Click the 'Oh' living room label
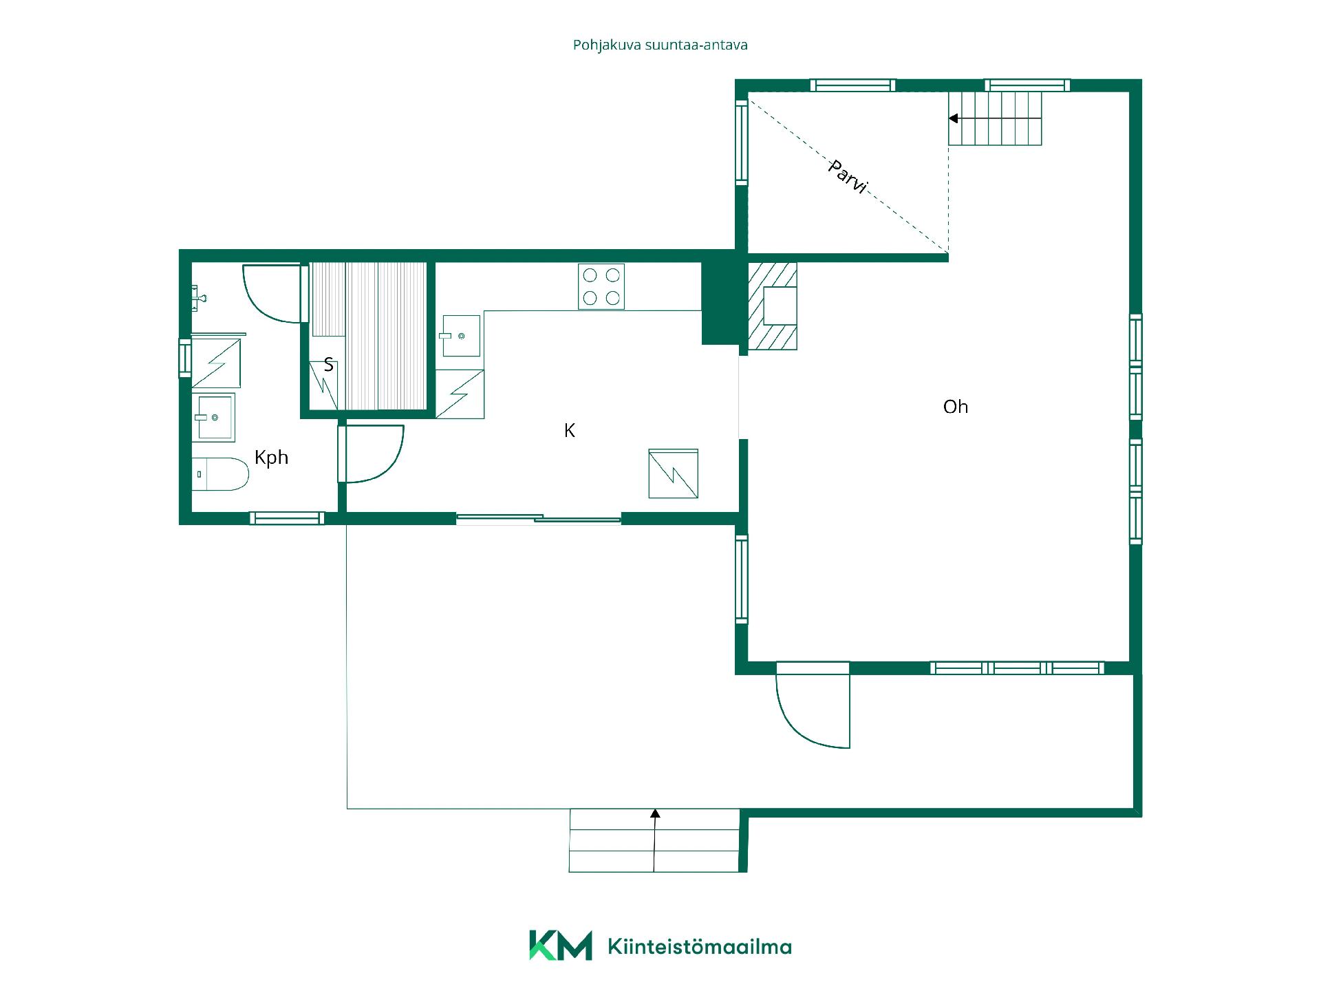955,407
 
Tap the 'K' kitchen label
569,431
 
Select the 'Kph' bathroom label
271,458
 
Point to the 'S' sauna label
328,365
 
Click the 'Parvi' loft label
848,176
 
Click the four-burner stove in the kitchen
601,286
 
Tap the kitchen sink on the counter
460,336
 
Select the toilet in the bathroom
219,474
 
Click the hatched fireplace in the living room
772,306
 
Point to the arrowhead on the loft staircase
954,118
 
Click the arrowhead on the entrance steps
655,813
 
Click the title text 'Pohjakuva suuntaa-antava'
660,45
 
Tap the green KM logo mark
560,945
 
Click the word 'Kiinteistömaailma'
700,947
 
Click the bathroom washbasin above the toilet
214,417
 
